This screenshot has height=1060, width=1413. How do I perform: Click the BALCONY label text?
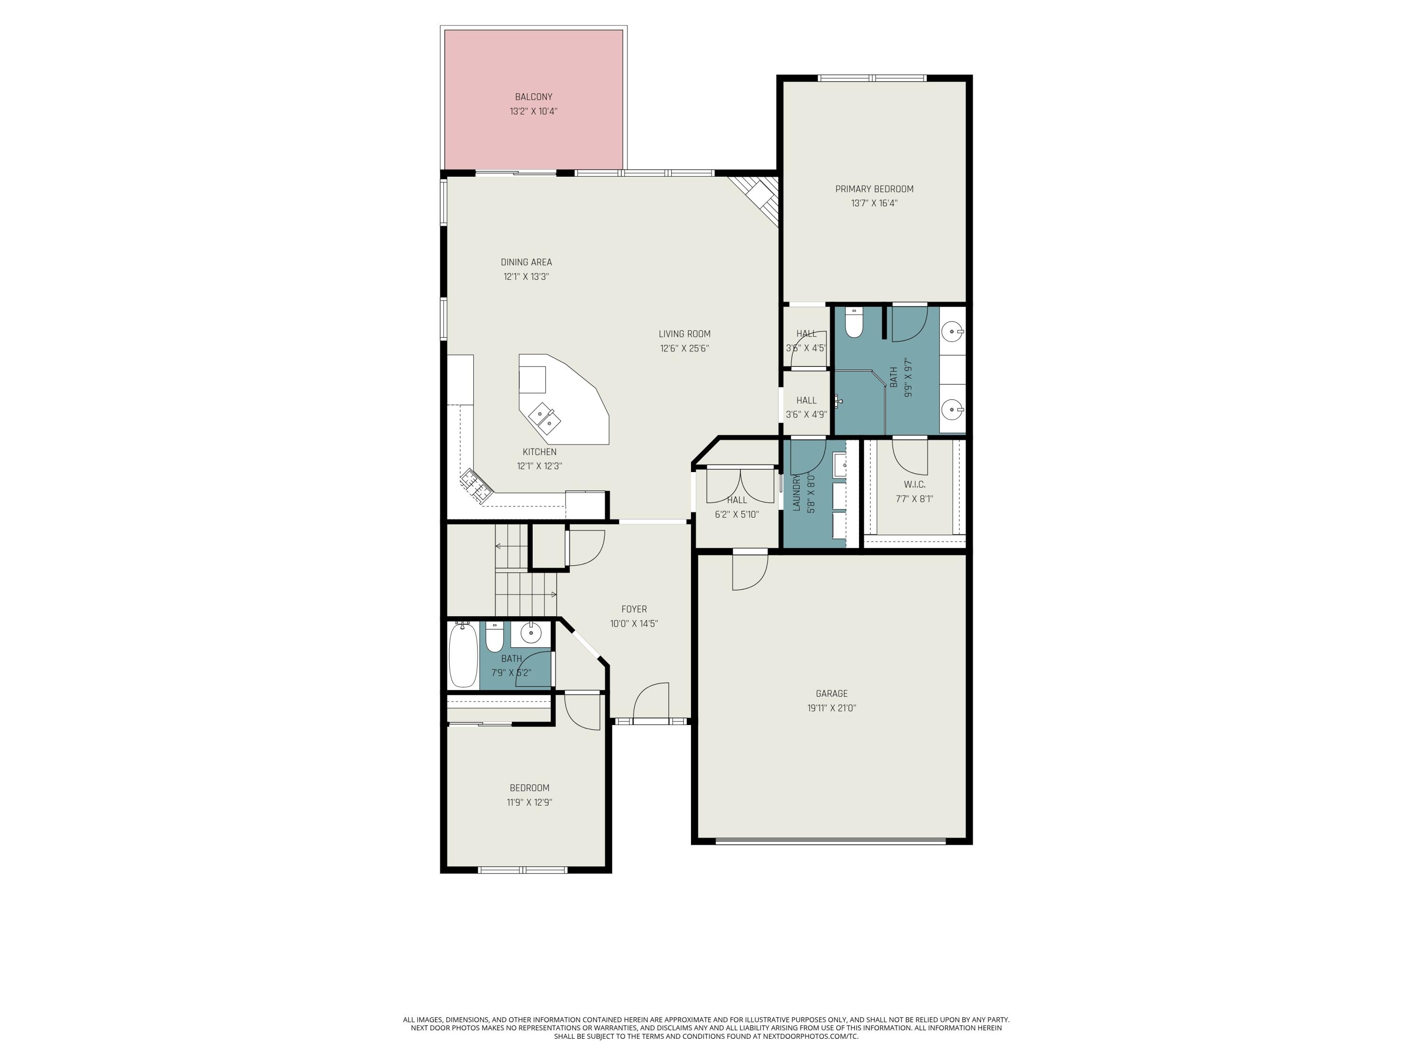[x=533, y=97]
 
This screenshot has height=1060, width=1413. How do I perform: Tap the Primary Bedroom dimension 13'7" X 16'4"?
[x=874, y=203]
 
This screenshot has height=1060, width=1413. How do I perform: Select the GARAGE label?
[x=831, y=693]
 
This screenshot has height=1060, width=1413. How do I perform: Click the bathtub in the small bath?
[x=463, y=655]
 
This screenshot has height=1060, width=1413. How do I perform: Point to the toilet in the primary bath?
[x=853, y=323]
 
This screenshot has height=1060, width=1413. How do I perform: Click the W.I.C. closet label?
[x=914, y=484]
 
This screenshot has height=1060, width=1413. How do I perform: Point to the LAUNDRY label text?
[x=796, y=493]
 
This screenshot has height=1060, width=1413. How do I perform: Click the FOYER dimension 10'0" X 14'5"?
[x=633, y=624]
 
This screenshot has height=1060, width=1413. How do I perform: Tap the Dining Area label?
[x=526, y=262]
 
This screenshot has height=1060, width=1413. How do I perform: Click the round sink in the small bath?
[x=530, y=633]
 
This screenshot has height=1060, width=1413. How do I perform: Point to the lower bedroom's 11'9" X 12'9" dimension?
[x=529, y=802]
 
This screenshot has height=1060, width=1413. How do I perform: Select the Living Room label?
[x=684, y=334]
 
